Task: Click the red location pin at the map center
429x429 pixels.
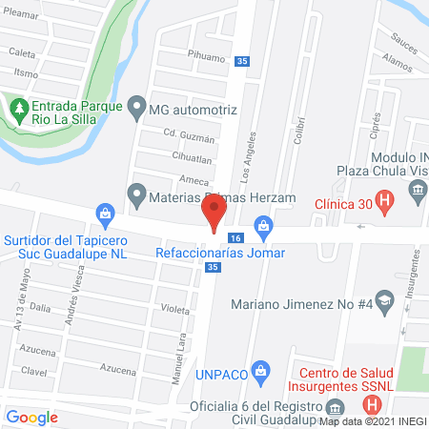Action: [214, 211]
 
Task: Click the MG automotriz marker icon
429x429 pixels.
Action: [137, 108]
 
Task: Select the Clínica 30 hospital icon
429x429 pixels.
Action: [384, 201]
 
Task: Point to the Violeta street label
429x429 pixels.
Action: [174, 309]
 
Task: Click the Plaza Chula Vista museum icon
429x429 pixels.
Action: [418, 194]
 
